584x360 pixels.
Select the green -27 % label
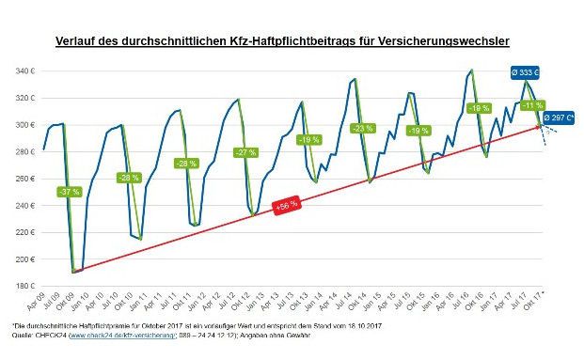(245, 152)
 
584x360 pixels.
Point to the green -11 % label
(534, 104)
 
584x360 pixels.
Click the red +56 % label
(286, 203)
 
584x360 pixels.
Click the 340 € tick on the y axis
(24, 71)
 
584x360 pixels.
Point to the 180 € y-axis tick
(24, 286)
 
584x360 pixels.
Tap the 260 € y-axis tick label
(24, 179)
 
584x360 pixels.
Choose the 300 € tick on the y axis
(24, 125)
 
